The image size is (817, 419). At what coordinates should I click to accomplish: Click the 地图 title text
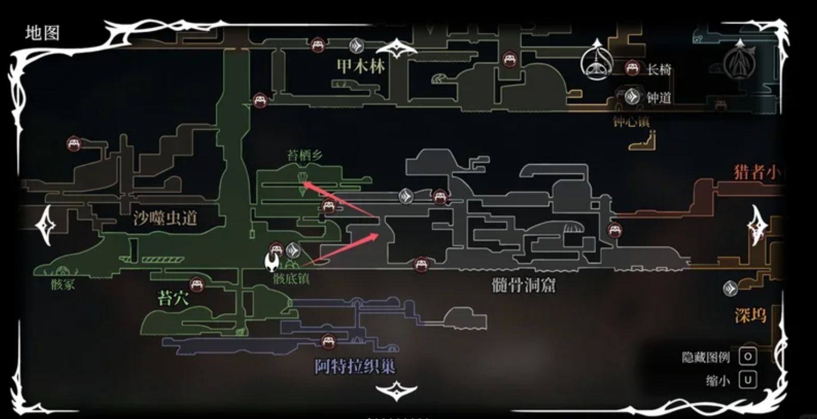(x=42, y=33)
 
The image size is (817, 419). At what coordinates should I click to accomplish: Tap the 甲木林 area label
(x=361, y=66)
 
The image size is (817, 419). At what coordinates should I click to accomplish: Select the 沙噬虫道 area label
(x=165, y=218)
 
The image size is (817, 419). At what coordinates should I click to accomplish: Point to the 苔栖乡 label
(x=305, y=155)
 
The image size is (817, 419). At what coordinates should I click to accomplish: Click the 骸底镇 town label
(x=291, y=278)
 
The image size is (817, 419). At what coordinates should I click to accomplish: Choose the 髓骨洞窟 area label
(x=523, y=285)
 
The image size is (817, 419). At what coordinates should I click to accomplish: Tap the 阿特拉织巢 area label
(x=355, y=367)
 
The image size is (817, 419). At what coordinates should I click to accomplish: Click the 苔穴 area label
(x=173, y=299)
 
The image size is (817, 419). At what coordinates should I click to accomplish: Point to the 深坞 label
(x=750, y=315)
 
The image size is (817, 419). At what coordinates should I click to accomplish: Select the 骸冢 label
(x=63, y=284)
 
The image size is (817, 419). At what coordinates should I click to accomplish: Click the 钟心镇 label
(x=631, y=121)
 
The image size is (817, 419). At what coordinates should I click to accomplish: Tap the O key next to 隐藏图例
(x=748, y=357)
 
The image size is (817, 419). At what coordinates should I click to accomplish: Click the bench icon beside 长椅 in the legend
(x=632, y=68)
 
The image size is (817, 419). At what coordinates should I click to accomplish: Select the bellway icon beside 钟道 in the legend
(x=632, y=97)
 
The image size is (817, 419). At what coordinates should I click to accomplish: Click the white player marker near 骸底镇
(x=272, y=262)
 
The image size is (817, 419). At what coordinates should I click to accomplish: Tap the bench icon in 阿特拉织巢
(x=328, y=341)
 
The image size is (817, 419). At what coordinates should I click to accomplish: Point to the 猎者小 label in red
(x=756, y=172)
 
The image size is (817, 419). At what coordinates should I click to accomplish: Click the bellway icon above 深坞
(x=730, y=288)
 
